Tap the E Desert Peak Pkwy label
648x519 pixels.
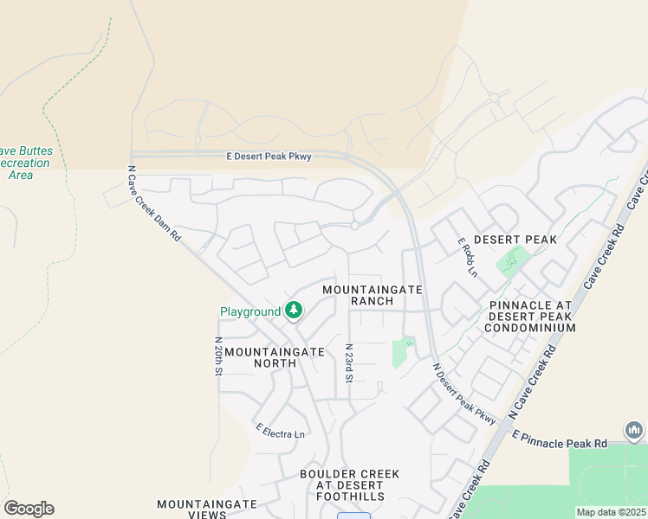pyautogui.click(x=269, y=156)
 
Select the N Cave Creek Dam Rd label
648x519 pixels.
pyautogui.click(x=153, y=203)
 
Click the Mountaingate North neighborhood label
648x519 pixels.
pyautogui.click(x=274, y=357)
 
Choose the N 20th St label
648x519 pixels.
pyautogui.click(x=218, y=356)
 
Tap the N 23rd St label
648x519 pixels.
pyautogui.click(x=348, y=362)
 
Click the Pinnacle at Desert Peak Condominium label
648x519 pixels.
pyautogui.click(x=531, y=317)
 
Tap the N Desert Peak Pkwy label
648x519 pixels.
pyautogui.click(x=464, y=393)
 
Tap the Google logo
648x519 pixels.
pyautogui.click(x=29, y=509)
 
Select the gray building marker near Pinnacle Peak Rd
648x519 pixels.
pyautogui.click(x=633, y=430)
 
